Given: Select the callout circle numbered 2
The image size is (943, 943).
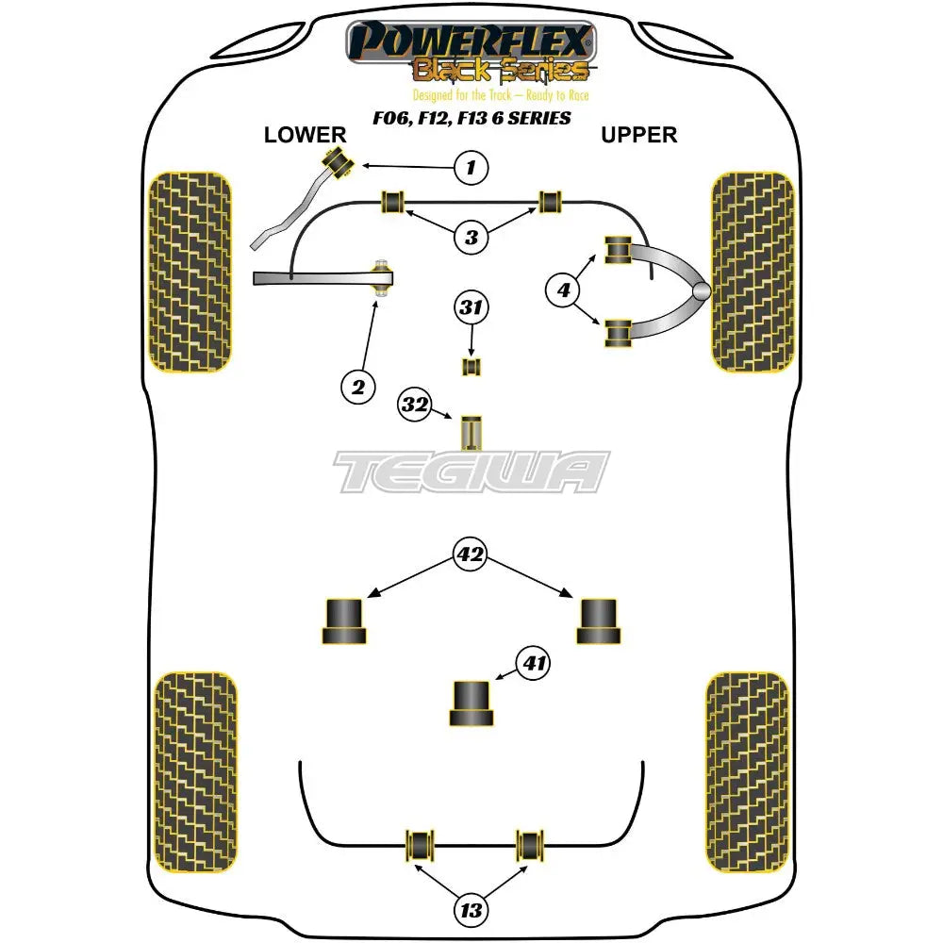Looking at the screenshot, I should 357,385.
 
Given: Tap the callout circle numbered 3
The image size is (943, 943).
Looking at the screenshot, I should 471,238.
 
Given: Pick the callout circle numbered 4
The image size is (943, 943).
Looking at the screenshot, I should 564,291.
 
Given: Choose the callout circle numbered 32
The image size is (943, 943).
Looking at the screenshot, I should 415,405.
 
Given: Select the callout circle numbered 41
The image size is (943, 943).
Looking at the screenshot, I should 535,664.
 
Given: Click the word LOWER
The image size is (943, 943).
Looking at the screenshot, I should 306,135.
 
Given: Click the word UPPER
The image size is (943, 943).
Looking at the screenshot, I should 639,135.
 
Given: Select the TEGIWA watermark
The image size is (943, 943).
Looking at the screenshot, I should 471,471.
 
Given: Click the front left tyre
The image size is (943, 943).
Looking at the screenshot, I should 190,272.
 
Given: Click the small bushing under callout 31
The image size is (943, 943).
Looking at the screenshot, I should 471,365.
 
